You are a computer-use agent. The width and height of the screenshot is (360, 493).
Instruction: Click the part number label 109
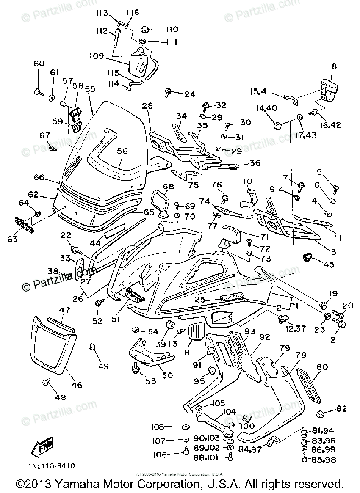click(x=96, y=55)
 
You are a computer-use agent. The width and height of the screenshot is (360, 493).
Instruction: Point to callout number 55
click(x=90, y=89)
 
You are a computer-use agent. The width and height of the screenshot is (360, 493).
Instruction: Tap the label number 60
click(x=39, y=64)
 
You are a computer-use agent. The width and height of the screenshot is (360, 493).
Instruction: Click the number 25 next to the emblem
click(x=200, y=300)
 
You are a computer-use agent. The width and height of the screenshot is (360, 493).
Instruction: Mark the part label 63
click(x=12, y=239)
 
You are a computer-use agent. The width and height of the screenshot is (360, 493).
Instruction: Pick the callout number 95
click(x=199, y=381)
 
